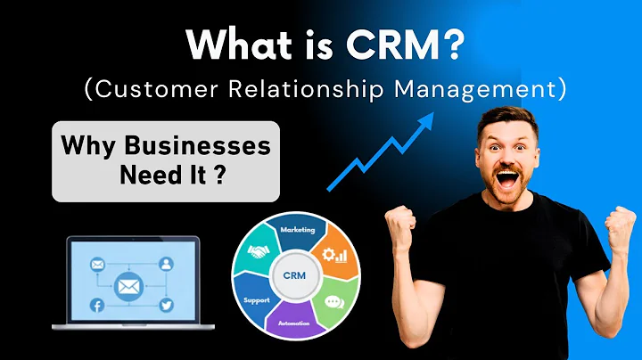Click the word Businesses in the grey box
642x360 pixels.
point(205,146)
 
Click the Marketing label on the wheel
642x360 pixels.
point(298,229)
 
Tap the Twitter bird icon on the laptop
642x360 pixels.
point(167,306)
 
